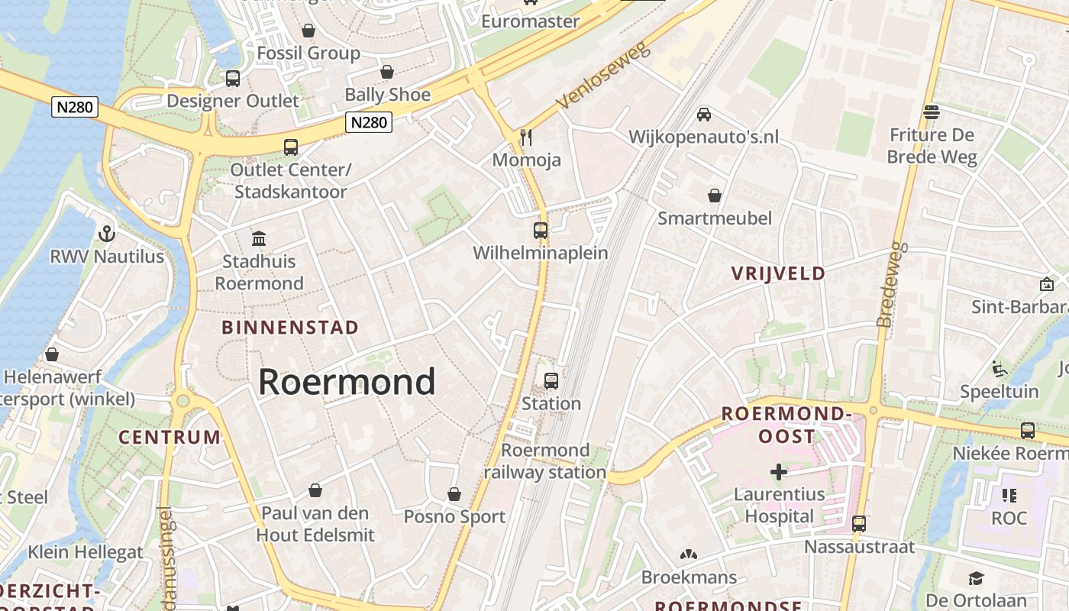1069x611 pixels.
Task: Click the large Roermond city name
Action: [347, 381]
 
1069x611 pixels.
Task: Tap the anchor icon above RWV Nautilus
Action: [107, 233]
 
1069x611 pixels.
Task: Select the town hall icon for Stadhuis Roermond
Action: [259, 238]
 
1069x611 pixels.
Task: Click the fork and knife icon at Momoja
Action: [526, 137]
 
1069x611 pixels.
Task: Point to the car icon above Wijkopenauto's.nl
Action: [704, 114]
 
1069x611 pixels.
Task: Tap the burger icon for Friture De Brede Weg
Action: [931, 112]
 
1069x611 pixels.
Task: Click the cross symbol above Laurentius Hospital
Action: [779, 472]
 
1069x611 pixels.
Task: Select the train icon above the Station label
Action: [551, 380]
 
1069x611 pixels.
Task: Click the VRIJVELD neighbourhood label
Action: [778, 273]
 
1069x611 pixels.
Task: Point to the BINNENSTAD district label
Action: [290, 328]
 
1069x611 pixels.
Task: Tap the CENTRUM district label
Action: [170, 438]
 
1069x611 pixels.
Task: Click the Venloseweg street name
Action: [602, 74]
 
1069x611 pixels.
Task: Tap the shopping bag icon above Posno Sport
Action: [454, 494]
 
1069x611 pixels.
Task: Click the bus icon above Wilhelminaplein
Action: [541, 230]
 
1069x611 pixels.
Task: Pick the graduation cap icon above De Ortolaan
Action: [976, 578]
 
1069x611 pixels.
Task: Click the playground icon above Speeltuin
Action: [1000, 369]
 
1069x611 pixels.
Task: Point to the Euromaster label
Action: [530, 21]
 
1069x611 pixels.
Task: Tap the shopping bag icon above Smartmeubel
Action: [715, 196]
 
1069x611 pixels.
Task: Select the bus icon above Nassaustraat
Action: [859, 524]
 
